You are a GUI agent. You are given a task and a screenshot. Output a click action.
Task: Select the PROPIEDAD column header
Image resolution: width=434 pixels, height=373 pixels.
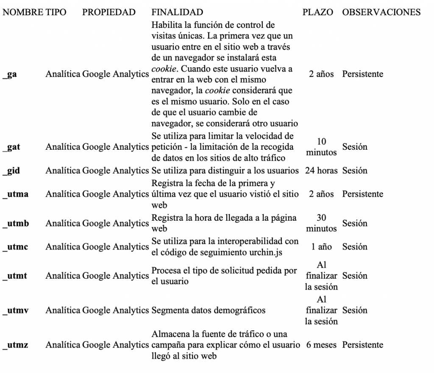[109, 12]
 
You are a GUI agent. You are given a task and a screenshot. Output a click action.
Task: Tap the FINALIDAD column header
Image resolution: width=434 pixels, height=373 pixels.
[177, 12]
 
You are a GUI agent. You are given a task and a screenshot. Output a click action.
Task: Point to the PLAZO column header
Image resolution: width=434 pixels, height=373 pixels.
[317, 12]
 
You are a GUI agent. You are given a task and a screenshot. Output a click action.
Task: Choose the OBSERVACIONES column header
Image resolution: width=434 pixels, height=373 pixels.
[381, 12]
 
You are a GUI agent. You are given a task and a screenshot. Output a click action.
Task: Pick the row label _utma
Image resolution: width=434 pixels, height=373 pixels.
[16, 194]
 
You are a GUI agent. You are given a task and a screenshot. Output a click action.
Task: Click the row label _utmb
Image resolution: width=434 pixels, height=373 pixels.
[16, 223]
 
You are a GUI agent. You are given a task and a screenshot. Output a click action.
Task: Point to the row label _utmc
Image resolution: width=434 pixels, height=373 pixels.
[16, 247]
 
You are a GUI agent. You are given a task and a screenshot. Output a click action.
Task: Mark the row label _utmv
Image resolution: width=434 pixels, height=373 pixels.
[16, 310]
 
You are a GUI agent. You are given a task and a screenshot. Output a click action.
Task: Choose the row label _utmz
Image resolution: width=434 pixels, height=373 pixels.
[16, 345]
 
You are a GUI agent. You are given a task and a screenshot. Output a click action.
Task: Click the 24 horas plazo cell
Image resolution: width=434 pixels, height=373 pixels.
[321, 171]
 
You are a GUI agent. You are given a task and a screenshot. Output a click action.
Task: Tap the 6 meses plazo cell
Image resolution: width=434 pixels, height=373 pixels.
[321, 345]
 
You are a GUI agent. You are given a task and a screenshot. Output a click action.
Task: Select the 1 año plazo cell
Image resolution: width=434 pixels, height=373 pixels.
[321, 247]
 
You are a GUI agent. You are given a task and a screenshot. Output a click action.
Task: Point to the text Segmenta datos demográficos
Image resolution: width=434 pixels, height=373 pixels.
[209, 310]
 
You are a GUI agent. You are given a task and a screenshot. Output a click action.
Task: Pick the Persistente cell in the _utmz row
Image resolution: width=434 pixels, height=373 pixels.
[362, 345]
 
